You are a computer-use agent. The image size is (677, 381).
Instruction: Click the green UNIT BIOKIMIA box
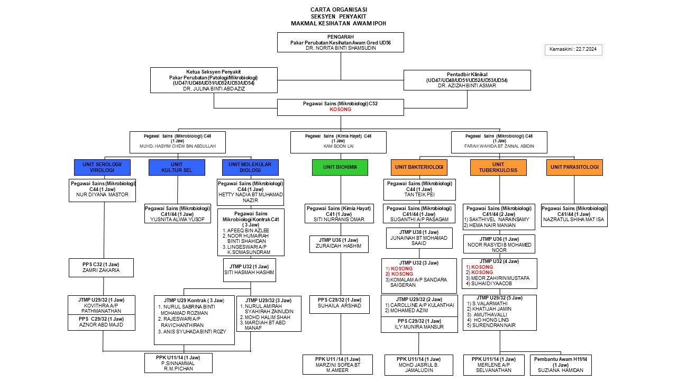point(340,167)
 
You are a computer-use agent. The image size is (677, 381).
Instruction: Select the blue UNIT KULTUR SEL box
point(177,167)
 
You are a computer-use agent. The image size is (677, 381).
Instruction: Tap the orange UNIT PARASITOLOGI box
point(574,167)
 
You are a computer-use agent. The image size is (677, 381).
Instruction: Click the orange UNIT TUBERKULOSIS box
point(498,167)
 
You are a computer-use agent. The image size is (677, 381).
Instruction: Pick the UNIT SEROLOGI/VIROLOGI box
point(102,167)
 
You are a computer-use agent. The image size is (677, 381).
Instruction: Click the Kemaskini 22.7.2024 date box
point(573,50)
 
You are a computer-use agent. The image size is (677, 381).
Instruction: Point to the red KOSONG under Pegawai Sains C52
point(340,110)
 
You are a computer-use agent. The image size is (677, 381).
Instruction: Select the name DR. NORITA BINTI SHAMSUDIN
point(340,48)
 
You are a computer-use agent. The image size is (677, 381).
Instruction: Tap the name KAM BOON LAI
point(338,146)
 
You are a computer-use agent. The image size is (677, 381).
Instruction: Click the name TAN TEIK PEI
point(419,194)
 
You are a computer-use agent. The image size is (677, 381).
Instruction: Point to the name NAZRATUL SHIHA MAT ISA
point(574,220)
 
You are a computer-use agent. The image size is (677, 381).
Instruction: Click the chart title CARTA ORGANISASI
point(339,10)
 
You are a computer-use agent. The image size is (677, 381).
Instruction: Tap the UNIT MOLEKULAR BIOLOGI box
point(250,167)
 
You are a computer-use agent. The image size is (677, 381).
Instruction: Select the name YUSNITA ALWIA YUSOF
point(178,220)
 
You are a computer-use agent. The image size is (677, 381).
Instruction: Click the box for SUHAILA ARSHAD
point(339,305)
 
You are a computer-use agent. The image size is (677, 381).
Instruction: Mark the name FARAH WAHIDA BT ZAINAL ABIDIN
point(499,146)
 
